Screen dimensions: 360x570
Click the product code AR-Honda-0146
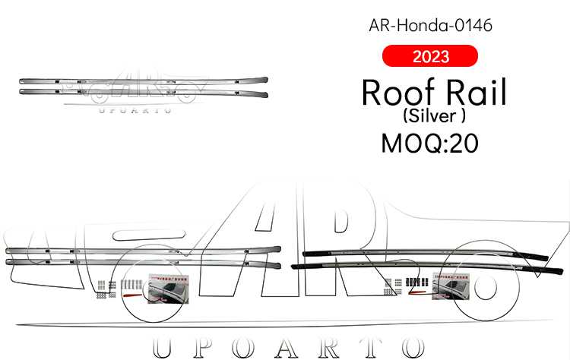tap(430, 25)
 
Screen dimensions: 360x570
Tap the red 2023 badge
tap(430, 56)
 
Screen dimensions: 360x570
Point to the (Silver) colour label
tap(430, 117)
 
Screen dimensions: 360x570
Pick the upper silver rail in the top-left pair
tap(144, 80)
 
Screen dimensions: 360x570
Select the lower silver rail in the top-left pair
tap(144, 93)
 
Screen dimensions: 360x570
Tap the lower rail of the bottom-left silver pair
tap(144, 263)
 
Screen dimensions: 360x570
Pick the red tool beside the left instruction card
tap(130, 288)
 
